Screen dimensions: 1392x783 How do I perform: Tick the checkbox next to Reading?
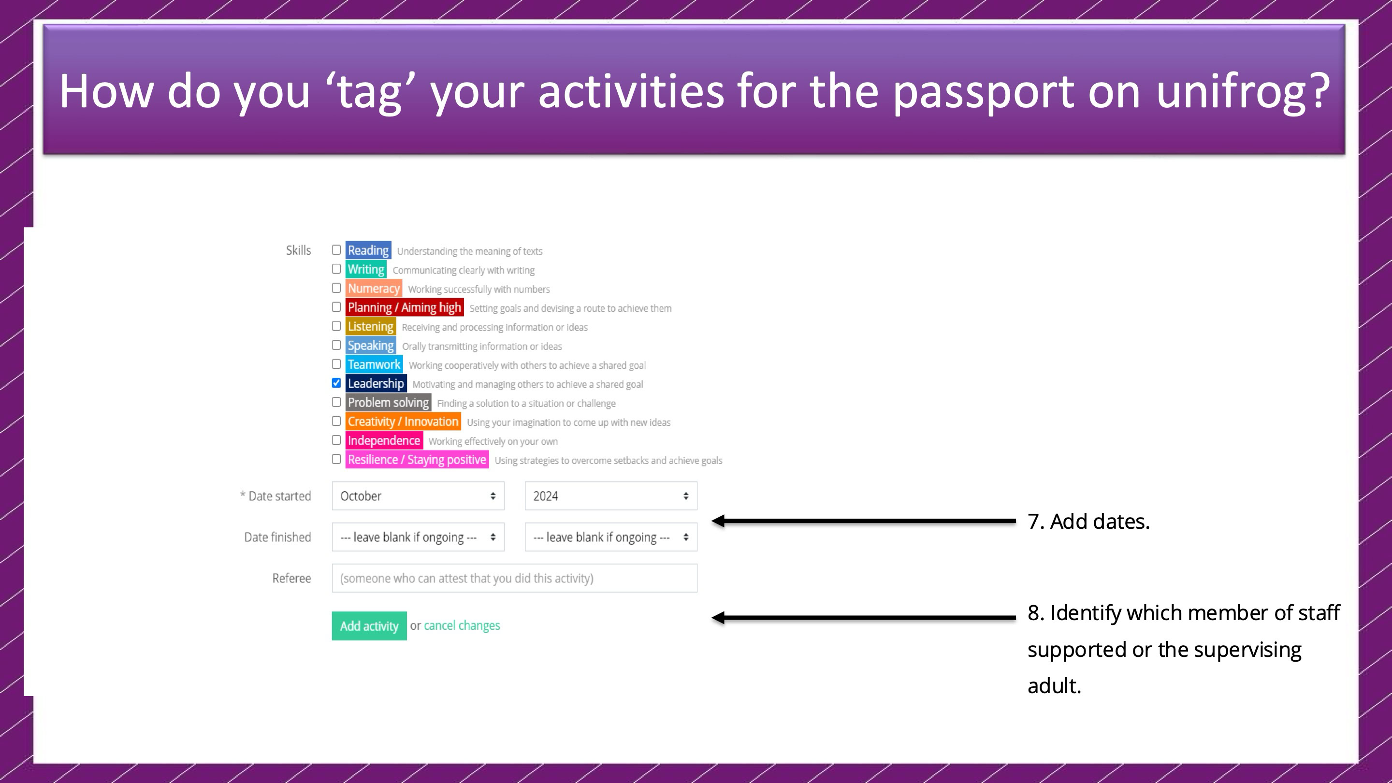click(336, 250)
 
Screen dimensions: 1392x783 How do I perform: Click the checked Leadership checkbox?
click(336, 383)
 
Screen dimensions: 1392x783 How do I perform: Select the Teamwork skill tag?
click(374, 365)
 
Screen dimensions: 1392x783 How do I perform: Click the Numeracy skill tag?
click(374, 289)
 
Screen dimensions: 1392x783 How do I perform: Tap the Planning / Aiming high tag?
click(404, 307)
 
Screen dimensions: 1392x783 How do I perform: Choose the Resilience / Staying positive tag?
click(417, 460)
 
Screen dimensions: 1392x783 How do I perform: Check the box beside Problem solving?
click(336, 402)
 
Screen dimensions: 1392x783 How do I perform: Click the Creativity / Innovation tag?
click(403, 421)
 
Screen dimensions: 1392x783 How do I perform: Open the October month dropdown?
click(418, 496)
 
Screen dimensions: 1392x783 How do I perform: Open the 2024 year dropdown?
click(610, 496)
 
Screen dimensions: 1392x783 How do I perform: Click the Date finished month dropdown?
click(418, 537)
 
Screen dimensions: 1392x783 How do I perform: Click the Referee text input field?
click(514, 578)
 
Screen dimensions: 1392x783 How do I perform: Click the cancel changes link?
click(462, 626)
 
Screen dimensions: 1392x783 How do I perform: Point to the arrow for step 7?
click(864, 521)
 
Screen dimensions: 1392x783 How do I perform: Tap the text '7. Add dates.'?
click(1088, 522)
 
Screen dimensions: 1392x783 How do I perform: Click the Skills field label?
click(298, 250)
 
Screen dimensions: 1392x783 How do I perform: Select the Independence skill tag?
click(384, 441)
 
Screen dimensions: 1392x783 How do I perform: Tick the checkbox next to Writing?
click(336, 269)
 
